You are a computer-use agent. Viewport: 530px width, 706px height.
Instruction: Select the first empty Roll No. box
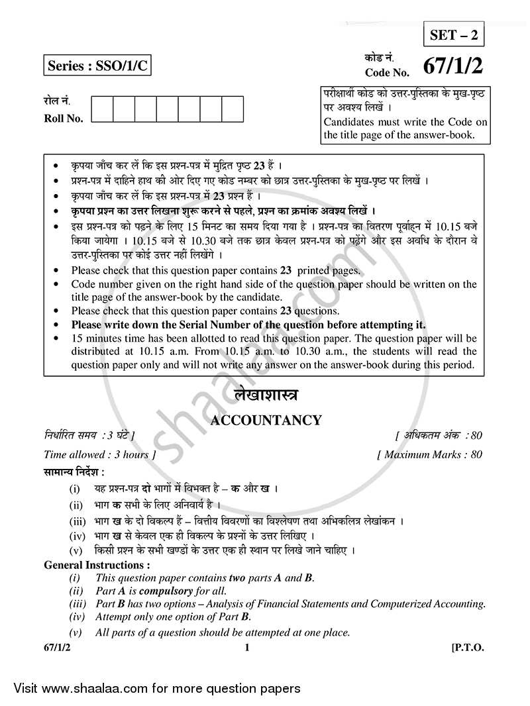(x=101, y=109)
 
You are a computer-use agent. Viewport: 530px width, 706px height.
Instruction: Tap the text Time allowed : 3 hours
(x=100, y=454)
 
